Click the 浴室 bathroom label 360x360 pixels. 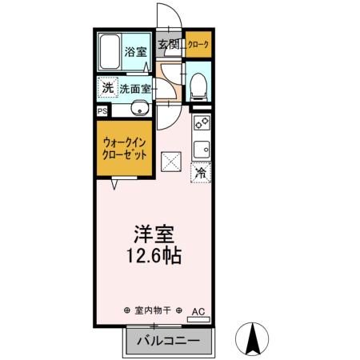pyautogui.click(x=135, y=54)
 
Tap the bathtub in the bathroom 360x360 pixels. pyautogui.click(x=110, y=54)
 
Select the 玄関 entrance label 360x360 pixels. pyautogui.click(x=168, y=45)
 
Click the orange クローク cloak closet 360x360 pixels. pyautogui.click(x=198, y=45)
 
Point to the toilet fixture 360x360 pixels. pyautogui.click(x=199, y=86)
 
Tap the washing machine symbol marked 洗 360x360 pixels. pyautogui.click(x=106, y=87)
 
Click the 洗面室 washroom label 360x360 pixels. pyautogui.click(x=135, y=90)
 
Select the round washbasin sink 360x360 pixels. pyautogui.click(x=138, y=110)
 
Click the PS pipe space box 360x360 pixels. pyautogui.click(x=102, y=111)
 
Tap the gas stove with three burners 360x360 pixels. pyautogui.click(x=200, y=125)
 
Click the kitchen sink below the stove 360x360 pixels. pyautogui.click(x=200, y=149)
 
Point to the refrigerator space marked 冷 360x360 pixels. pyautogui.click(x=200, y=172)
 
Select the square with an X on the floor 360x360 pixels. pyautogui.click(x=171, y=162)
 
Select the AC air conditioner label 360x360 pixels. pyautogui.click(x=198, y=310)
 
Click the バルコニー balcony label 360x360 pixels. pyautogui.click(x=167, y=341)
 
